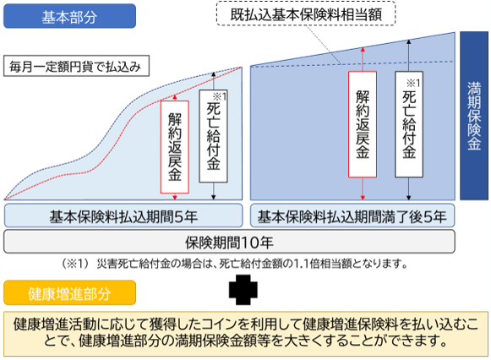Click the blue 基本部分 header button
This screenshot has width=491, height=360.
tap(69, 16)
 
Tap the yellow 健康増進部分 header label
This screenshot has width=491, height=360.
tap(69, 292)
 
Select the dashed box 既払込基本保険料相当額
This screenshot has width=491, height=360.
tap(306, 14)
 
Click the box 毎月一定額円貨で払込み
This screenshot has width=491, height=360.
tap(76, 66)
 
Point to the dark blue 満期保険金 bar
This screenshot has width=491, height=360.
tap(474, 116)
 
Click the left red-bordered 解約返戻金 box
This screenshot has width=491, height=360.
tap(175, 147)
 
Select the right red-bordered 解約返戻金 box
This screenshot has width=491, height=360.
tap(363, 124)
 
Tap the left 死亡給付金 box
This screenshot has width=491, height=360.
tap(213, 136)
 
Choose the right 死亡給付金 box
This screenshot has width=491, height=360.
tap(409, 124)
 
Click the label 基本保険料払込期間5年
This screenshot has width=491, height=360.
tap(123, 216)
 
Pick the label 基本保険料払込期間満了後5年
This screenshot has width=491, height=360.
tap(352, 216)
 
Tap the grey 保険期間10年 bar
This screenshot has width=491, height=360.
tap(229, 242)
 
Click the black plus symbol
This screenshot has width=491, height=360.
tap(243, 290)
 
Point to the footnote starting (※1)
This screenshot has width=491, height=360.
tap(235, 264)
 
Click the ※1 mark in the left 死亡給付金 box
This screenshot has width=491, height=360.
tap(219, 96)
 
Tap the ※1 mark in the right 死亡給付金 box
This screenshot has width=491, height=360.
tap(413, 83)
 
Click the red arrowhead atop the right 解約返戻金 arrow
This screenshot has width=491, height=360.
tap(363, 50)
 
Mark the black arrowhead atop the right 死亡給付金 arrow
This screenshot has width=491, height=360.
tap(409, 41)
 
